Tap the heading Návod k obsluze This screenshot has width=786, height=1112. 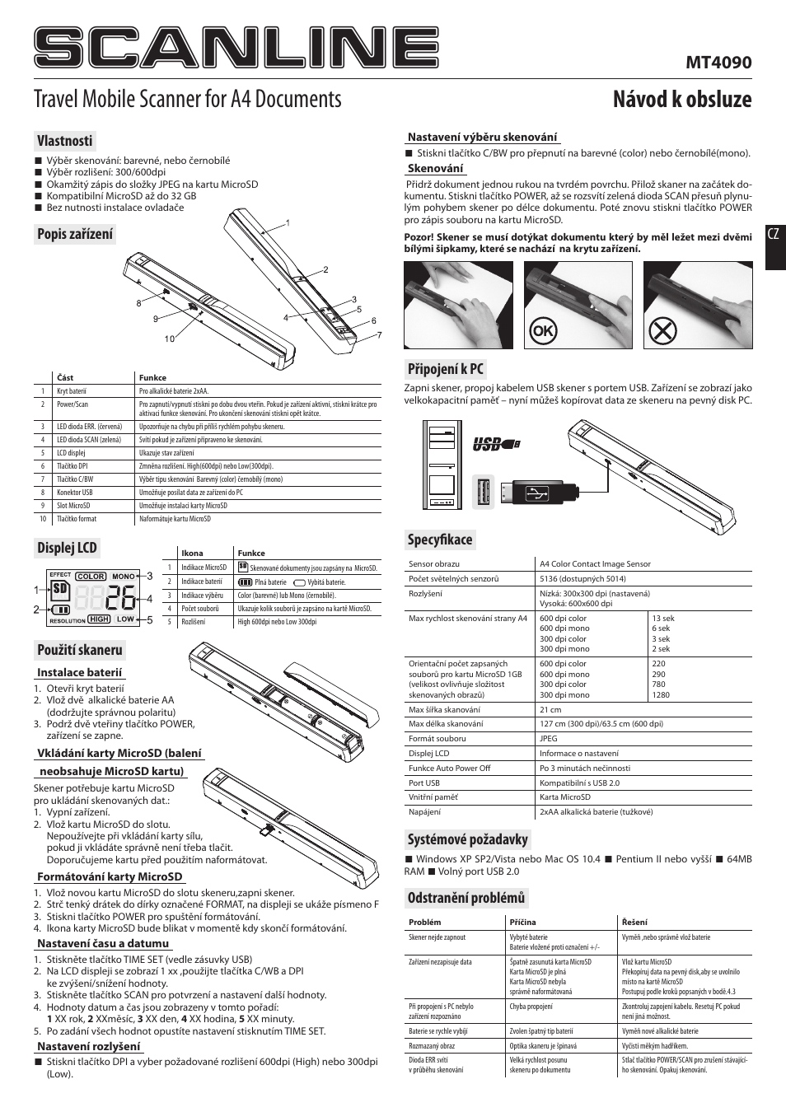coord(682,100)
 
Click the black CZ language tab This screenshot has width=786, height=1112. coord(774,236)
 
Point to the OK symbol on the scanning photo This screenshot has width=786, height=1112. coord(543,331)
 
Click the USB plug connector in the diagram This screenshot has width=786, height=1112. coord(538,493)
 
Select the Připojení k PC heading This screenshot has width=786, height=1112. coord(446,368)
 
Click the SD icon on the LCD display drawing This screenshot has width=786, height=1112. coord(58,589)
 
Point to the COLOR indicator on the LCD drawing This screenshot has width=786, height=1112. coord(91,577)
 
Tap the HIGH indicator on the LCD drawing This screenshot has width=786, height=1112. coord(99,619)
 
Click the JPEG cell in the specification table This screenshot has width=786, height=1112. coord(548,738)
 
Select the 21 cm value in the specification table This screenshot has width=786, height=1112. coord(550,709)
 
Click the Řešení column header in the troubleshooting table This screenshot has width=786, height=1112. coord(634,923)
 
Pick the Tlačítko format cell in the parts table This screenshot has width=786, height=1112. coord(77,519)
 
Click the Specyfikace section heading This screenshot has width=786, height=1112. coord(441,540)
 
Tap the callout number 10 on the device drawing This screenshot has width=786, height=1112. coord(170,339)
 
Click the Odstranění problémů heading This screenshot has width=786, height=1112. coord(466,897)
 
